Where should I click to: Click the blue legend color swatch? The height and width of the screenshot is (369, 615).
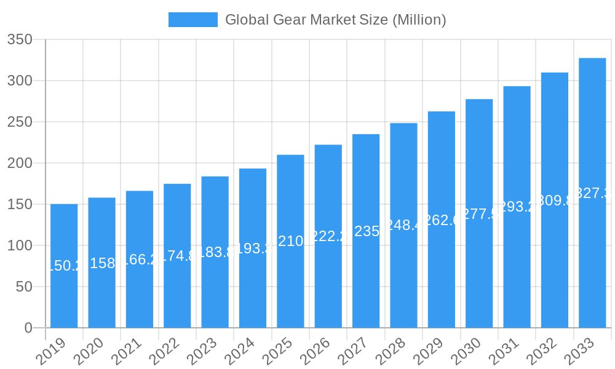[193, 20]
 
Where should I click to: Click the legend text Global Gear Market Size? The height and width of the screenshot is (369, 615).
[335, 20]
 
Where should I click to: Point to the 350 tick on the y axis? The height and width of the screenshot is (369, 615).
[20, 39]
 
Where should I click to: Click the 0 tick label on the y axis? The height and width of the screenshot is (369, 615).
[28, 328]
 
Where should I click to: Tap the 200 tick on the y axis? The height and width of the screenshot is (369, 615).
[20, 163]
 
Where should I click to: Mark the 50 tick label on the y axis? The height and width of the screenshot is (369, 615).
[24, 287]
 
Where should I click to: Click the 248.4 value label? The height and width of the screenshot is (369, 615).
[403, 225]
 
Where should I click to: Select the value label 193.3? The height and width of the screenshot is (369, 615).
[253, 248]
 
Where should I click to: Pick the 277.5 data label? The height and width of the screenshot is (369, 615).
[479, 213]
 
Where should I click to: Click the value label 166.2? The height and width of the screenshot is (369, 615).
[140, 260]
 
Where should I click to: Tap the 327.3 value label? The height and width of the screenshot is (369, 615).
[592, 193]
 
